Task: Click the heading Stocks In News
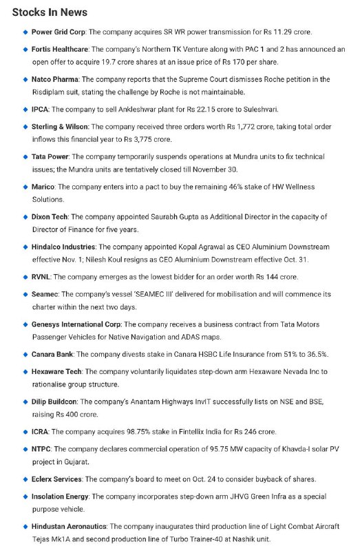point(50,12)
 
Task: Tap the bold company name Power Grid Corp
point(59,32)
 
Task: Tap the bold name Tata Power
point(50,157)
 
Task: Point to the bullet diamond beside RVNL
point(25,277)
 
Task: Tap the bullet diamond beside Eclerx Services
point(25,479)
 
